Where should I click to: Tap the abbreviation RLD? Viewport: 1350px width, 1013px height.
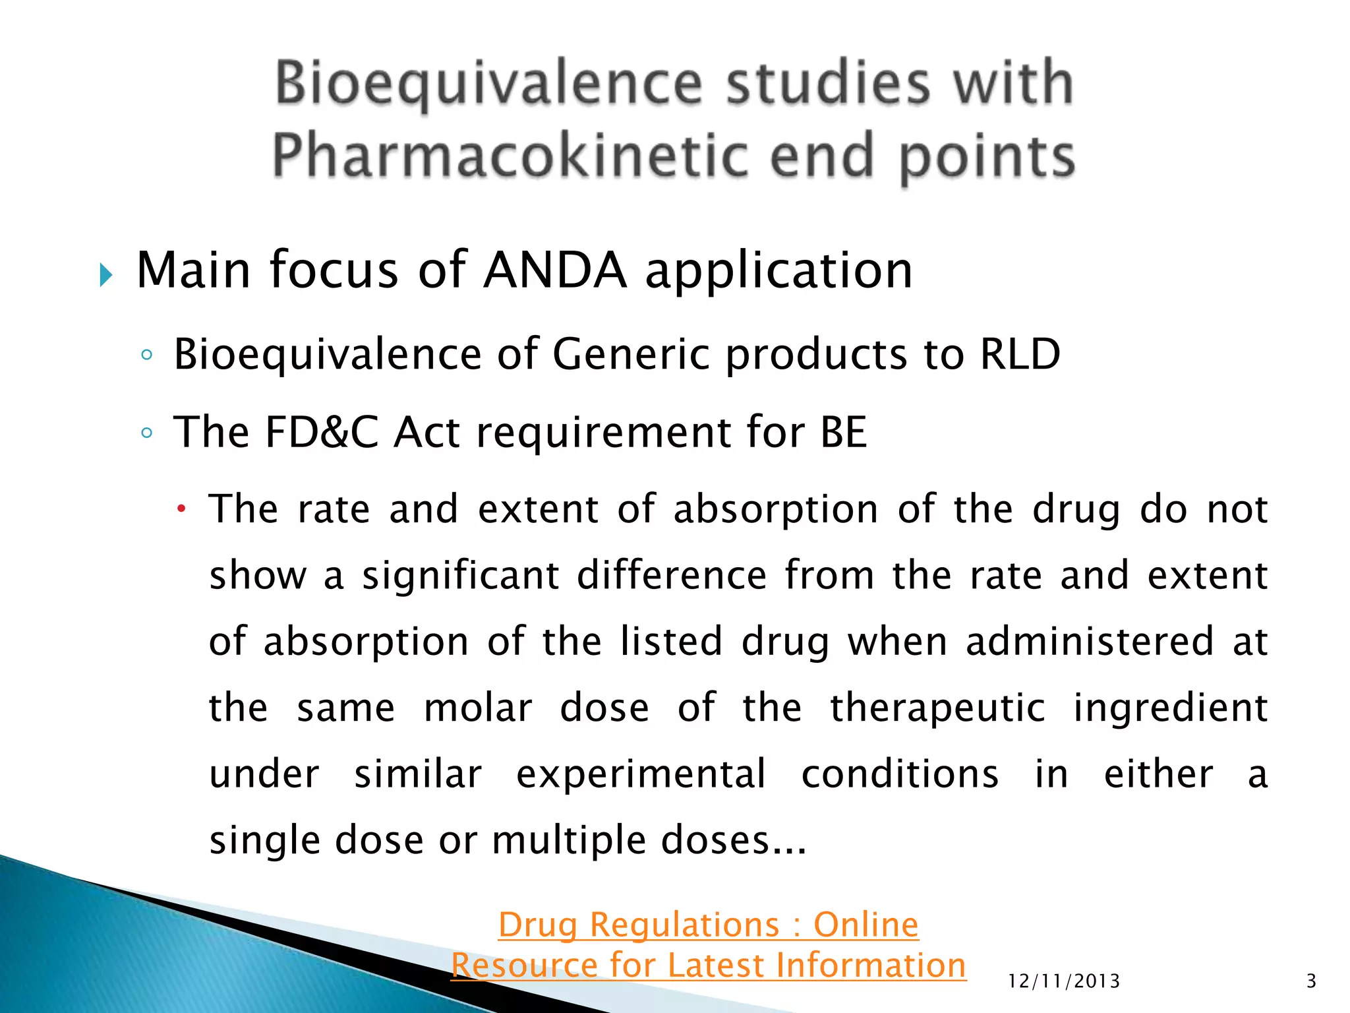tap(1020, 354)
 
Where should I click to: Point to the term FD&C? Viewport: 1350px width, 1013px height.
tap(322, 433)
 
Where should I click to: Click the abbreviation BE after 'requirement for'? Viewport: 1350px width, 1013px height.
tap(843, 433)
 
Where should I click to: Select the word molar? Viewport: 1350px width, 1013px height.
tap(478, 708)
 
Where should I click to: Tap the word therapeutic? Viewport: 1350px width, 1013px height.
tap(937, 708)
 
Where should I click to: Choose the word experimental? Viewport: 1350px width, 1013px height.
tap(641, 774)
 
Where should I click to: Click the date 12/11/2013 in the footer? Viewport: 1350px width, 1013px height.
tap(1064, 981)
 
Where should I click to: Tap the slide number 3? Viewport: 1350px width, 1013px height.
tap(1311, 981)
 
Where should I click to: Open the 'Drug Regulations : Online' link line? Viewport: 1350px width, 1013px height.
tap(708, 925)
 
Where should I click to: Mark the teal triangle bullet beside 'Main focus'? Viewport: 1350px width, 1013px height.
tap(106, 274)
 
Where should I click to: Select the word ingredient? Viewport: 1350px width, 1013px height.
tap(1170, 708)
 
